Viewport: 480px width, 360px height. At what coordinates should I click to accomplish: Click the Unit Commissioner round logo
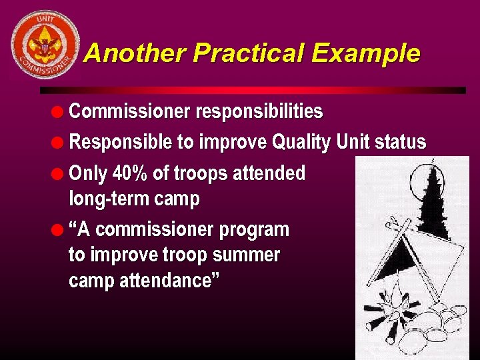coord(45,44)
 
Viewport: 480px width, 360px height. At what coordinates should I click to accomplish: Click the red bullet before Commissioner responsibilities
coord(59,112)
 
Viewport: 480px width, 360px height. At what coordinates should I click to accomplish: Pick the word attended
coord(266,174)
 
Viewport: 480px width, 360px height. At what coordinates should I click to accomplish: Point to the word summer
coord(250,255)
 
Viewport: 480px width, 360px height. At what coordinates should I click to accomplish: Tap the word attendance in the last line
coord(167,281)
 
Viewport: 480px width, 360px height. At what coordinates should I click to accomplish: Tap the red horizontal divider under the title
coord(253,90)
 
